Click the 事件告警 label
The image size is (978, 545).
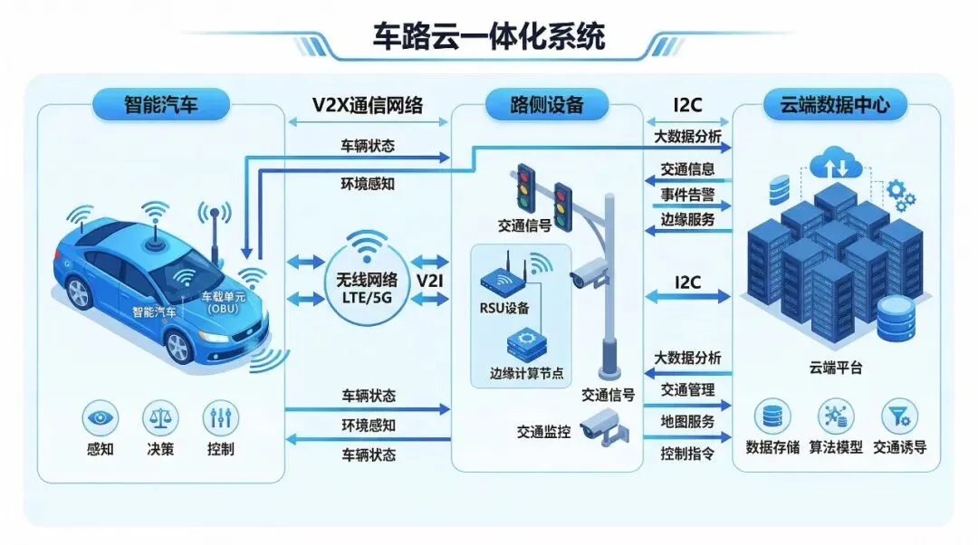(x=687, y=193)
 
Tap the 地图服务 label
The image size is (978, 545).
(x=687, y=422)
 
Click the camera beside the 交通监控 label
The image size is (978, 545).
(x=599, y=425)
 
